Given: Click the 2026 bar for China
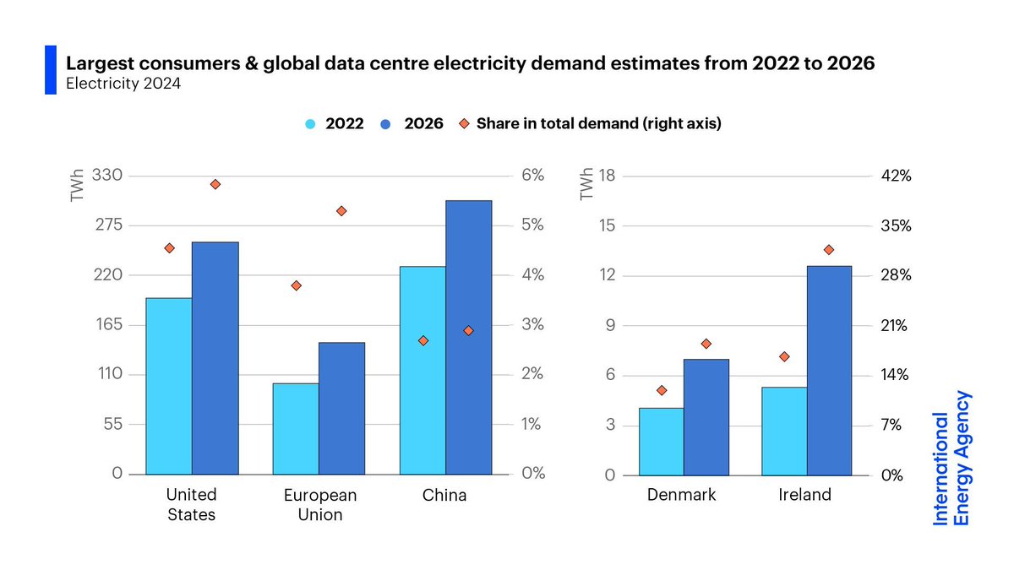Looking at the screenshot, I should pyautogui.click(x=468, y=338).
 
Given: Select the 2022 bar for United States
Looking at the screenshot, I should pyautogui.click(x=169, y=386).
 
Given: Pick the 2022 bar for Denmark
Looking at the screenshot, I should pyautogui.click(x=662, y=441).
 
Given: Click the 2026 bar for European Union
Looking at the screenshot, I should pyautogui.click(x=341, y=408).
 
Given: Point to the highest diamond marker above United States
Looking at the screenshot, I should pyautogui.click(x=215, y=184).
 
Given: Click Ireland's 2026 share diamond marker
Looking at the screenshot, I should pyautogui.click(x=828, y=250).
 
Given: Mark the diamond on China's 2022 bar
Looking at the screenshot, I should pyautogui.click(x=423, y=340).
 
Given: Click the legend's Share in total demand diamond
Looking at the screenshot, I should pyautogui.click(x=464, y=123).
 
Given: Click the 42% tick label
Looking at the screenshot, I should pyautogui.click(x=896, y=176).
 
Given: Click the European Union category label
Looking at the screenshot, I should pyautogui.click(x=320, y=504).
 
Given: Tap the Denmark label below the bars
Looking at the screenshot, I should pyautogui.click(x=681, y=495).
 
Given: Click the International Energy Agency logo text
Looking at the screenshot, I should pyautogui.click(x=951, y=458).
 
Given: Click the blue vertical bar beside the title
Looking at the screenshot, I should pyautogui.click(x=50, y=70).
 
